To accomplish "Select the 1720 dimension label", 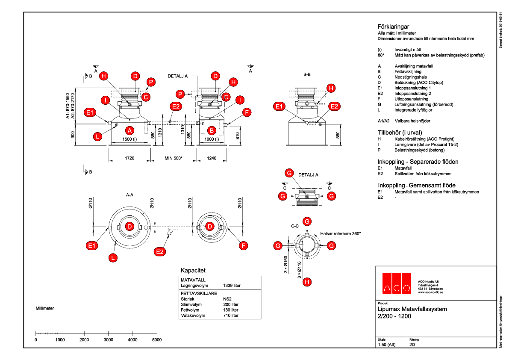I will (x=130, y=158).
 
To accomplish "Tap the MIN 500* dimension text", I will (x=174, y=158).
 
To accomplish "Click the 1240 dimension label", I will (x=211, y=158).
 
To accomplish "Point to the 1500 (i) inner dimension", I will (x=130, y=139).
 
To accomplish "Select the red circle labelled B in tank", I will (x=211, y=130).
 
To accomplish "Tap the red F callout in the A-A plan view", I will (x=244, y=245).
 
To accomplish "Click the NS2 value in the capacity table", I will (x=228, y=299).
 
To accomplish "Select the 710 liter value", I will (x=231, y=316).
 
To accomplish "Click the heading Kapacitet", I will (x=193, y=271).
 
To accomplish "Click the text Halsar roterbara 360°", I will (x=341, y=234).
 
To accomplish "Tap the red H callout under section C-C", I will (x=307, y=282).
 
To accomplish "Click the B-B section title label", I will (x=307, y=74).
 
